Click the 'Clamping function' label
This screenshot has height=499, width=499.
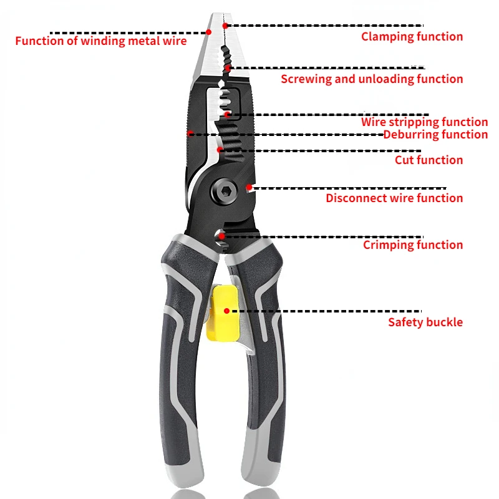click(x=412, y=37)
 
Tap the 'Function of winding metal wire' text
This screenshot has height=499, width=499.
click(x=100, y=41)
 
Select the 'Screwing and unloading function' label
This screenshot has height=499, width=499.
click(x=372, y=79)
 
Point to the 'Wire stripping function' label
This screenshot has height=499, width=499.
click(x=424, y=122)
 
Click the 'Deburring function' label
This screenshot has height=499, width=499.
click(x=435, y=134)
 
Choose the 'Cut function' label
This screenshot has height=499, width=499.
click(x=429, y=160)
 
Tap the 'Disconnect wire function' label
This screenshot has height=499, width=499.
click(x=394, y=198)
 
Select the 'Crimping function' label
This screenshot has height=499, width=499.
click(x=413, y=245)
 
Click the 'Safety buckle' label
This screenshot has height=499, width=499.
click(x=425, y=322)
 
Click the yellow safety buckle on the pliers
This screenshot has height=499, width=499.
click(x=221, y=313)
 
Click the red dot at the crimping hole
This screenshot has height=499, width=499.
click(x=221, y=236)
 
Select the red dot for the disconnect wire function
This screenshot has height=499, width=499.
click(x=249, y=186)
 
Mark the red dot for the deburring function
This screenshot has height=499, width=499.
click(x=190, y=133)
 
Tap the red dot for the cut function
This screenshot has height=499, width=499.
click(x=219, y=150)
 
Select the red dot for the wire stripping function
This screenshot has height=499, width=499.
click(x=228, y=115)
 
